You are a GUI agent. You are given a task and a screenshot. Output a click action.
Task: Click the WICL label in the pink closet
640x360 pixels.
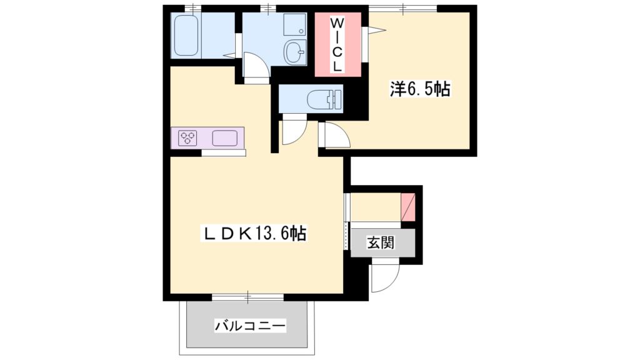(337, 44)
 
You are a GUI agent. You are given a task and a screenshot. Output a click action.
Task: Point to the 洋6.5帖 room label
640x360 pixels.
(420, 90)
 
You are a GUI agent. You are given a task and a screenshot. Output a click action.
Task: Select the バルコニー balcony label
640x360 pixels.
(250, 326)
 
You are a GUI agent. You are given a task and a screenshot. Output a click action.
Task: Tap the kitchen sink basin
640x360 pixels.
(225, 137)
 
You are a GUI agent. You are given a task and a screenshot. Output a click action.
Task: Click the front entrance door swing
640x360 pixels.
(382, 277)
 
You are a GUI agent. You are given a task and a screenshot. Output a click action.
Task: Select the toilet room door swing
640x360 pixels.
(292, 132)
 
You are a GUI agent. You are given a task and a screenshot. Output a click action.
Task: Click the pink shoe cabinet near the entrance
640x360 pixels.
(407, 207)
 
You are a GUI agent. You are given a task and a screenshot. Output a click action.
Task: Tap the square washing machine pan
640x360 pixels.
(294, 25)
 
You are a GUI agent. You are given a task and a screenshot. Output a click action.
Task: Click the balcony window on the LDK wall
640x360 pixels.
(247, 296)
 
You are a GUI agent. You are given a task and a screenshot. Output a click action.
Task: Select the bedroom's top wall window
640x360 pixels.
(402, 8)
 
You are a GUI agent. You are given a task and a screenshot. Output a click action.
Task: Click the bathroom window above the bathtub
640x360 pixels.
(193, 8)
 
